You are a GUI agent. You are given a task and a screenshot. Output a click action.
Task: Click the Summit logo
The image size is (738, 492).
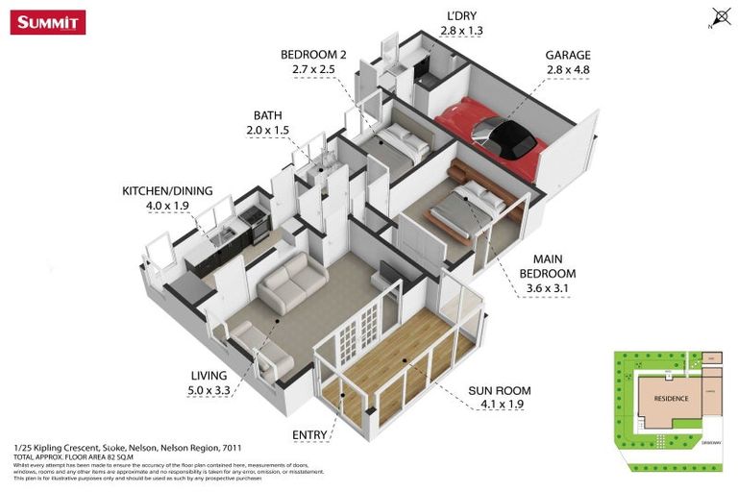coord(48,21)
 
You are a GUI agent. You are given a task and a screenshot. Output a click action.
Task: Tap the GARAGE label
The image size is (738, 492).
coord(568,56)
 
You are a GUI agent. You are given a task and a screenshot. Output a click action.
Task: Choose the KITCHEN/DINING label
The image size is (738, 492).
coord(167,190)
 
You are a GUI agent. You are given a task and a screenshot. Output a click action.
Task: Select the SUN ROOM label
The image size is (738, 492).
coord(499,391)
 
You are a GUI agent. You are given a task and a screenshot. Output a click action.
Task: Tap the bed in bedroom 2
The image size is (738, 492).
coord(396,144)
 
